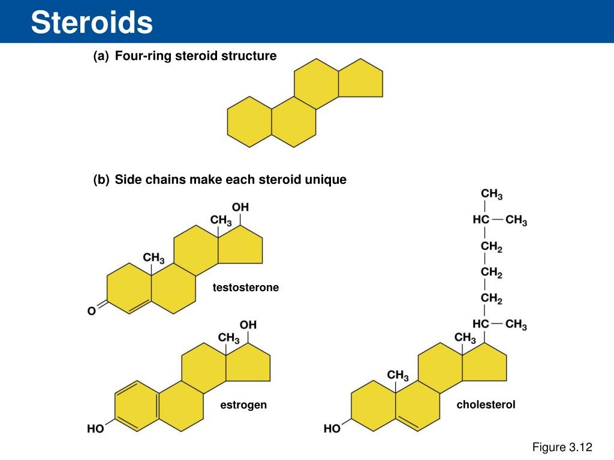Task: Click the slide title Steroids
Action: click(x=92, y=23)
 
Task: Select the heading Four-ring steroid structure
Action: click(x=195, y=56)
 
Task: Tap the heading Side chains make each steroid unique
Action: click(x=230, y=180)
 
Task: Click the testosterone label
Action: click(x=246, y=288)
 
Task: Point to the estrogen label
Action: click(x=243, y=405)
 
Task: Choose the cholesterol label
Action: click(x=486, y=405)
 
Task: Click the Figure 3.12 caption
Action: click(x=562, y=447)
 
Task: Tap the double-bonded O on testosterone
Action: click(x=92, y=311)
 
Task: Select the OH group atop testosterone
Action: click(x=240, y=207)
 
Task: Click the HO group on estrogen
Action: click(x=95, y=429)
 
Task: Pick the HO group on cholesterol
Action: click(x=332, y=429)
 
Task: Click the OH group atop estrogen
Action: click(x=248, y=325)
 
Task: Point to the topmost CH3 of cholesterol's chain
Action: click(x=492, y=195)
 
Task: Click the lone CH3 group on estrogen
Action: click(x=228, y=338)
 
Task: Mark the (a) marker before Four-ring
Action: click(x=101, y=56)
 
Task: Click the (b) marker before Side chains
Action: click(x=101, y=180)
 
